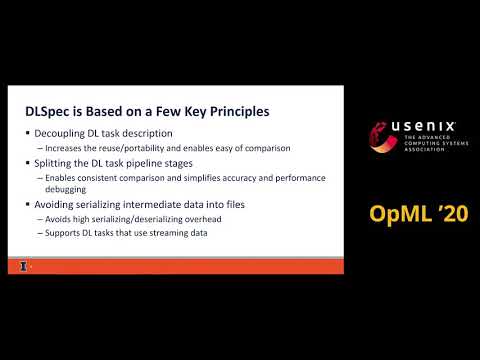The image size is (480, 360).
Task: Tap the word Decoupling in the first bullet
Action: coord(58,134)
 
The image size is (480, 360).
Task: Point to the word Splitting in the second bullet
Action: coord(52,162)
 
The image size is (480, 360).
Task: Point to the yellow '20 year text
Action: coord(446,213)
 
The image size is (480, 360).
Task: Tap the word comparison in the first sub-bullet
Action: coord(263,148)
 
